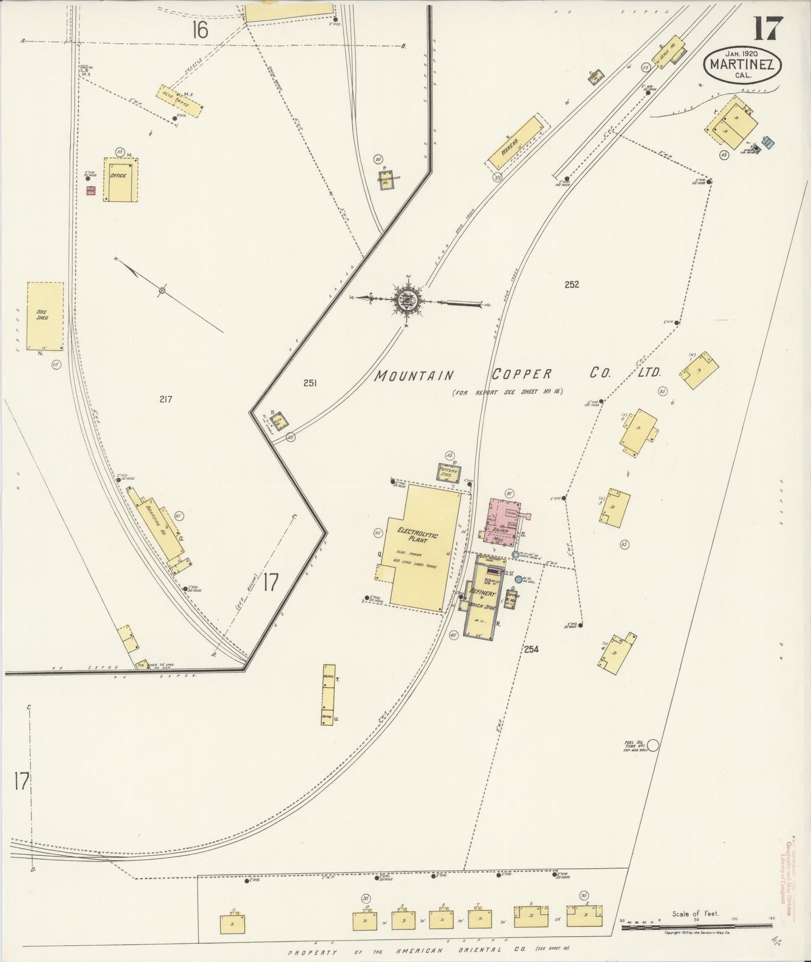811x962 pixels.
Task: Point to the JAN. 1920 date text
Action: [741, 53]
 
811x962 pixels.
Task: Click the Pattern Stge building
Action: [449, 473]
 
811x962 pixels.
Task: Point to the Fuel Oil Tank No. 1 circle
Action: [653, 746]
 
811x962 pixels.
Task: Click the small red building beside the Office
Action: [90, 190]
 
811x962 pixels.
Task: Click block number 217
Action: [166, 399]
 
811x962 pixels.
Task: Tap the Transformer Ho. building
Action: [386, 180]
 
